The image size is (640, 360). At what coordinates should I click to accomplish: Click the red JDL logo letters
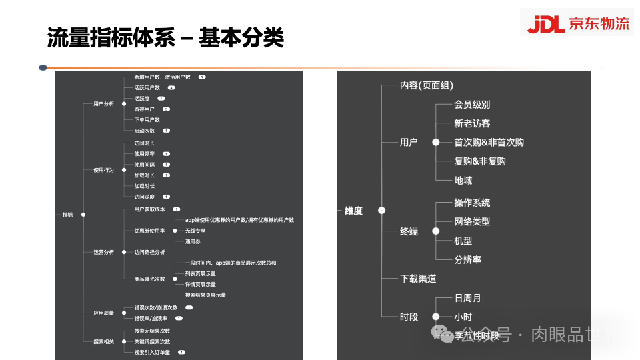[545, 24]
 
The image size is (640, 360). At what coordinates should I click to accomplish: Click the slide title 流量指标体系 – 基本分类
[165, 37]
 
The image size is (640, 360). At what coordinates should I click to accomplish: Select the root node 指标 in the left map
[68, 214]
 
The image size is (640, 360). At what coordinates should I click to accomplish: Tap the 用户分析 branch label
[103, 104]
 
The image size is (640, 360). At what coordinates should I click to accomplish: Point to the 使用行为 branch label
[103, 170]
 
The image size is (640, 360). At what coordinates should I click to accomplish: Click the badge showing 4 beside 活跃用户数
[171, 88]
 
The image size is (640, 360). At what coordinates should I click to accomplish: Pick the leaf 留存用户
[144, 109]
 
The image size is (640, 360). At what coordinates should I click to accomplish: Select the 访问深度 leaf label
[144, 197]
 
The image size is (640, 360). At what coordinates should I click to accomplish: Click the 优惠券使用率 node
[149, 231]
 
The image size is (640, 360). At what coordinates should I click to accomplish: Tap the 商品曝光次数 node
[149, 279]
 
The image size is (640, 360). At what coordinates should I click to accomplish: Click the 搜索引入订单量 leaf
[152, 352]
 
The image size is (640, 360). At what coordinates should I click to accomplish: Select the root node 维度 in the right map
[354, 211]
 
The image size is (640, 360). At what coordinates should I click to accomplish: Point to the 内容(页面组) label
[427, 85]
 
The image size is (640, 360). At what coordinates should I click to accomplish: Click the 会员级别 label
[472, 105]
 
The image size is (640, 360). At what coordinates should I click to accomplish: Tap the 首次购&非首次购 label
[489, 143]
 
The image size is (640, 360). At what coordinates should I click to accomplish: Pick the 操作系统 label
[472, 203]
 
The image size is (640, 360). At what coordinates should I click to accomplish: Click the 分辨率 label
[467, 259]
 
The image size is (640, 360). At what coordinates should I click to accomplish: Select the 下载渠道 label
[418, 279]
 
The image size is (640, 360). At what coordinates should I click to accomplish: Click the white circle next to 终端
[435, 231]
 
